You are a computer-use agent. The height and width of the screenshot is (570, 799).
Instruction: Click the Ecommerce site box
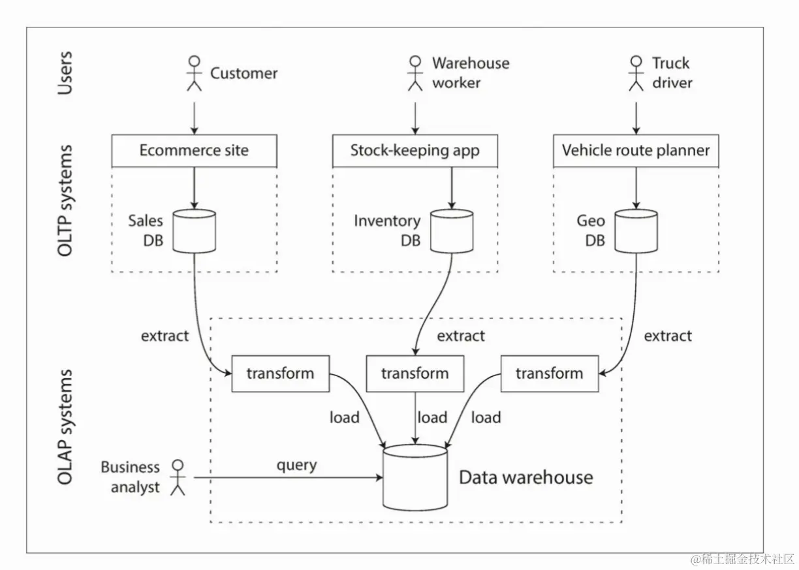(194, 151)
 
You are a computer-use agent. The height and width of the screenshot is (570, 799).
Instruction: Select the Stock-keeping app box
(415, 151)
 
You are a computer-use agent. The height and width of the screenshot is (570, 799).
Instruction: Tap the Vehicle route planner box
(636, 151)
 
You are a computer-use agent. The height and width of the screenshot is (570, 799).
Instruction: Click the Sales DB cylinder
(194, 230)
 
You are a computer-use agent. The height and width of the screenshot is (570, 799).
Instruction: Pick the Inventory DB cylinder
(451, 230)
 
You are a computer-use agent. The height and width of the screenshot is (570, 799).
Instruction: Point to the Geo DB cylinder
(636, 230)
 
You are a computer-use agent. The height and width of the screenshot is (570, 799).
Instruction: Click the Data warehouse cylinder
(415, 477)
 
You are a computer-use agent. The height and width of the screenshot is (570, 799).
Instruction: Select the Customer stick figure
(194, 72)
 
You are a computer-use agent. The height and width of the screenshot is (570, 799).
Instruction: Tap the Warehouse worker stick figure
(415, 72)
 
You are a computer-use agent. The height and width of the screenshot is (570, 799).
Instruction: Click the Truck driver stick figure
(636, 72)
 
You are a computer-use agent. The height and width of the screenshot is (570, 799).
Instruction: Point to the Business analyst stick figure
(177, 477)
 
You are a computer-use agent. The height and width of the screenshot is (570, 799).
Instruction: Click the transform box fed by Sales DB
(281, 373)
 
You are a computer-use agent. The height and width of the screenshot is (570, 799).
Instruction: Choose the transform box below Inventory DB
(415, 373)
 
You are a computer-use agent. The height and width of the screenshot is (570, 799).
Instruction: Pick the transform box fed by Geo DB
(550, 373)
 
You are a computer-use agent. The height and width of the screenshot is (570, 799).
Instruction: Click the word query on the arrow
(296, 466)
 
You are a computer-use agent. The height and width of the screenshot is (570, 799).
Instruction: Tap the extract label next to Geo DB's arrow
(668, 336)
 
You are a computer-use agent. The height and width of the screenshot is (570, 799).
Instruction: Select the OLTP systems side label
(65, 200)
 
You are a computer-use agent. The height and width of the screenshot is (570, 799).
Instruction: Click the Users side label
(65, 72)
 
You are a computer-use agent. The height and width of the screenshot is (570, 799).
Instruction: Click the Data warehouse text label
(526, 477)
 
